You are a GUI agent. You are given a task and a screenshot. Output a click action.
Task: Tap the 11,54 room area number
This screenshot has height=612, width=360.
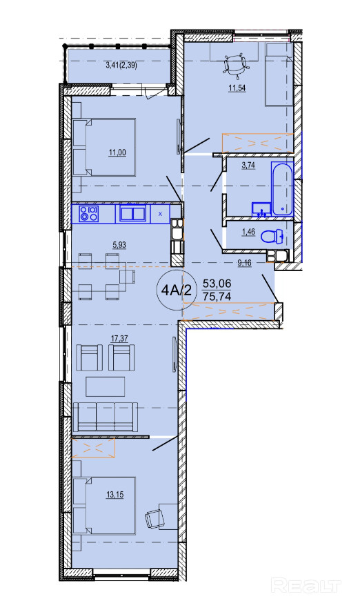pyautogui.click(x=237, y=88)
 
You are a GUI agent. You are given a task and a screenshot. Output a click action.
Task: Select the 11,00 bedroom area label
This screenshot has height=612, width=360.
pyautogui.click(x=117, y=152)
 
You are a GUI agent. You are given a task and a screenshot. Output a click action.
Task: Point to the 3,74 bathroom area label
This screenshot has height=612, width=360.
pyautogui.click(x=248, y=165)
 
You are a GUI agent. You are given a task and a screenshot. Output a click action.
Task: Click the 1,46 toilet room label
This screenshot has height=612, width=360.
pyautogui.click(x=248, y=233)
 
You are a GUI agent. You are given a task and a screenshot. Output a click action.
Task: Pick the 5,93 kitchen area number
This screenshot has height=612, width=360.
pyautogui.click(x=120, y=245)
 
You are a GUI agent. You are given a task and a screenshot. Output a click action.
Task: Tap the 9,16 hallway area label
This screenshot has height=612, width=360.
pyautogui.click(x=245, y=263)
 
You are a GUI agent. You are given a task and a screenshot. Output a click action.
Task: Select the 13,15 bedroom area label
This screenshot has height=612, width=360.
pyautogui.click(x=114, y=495)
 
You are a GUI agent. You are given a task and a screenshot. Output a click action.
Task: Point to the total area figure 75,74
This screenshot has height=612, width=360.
pyautogui.click(x=217, y=296)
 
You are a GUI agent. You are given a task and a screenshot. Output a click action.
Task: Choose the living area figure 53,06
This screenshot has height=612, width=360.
pyautogui.click(x=217, y=284)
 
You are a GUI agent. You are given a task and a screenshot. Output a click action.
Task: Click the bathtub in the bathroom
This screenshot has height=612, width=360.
pyautogui.click(x=282, y=188)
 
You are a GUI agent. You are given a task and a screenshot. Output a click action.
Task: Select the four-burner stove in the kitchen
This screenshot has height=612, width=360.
pyautogui.click(x=89, y=214)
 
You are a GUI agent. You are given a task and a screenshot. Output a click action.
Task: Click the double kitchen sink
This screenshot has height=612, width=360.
pyautogui.click(x=133, y=214)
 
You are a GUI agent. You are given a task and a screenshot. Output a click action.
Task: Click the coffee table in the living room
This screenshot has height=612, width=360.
pyautogui.click(x=106, y=386)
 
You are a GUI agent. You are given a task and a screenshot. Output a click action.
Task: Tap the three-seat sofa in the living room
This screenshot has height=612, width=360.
pyautogui.click(x=105, y=416)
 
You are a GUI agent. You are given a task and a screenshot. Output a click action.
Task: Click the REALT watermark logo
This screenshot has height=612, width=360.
pyautogui.click(x=306, y=586)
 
